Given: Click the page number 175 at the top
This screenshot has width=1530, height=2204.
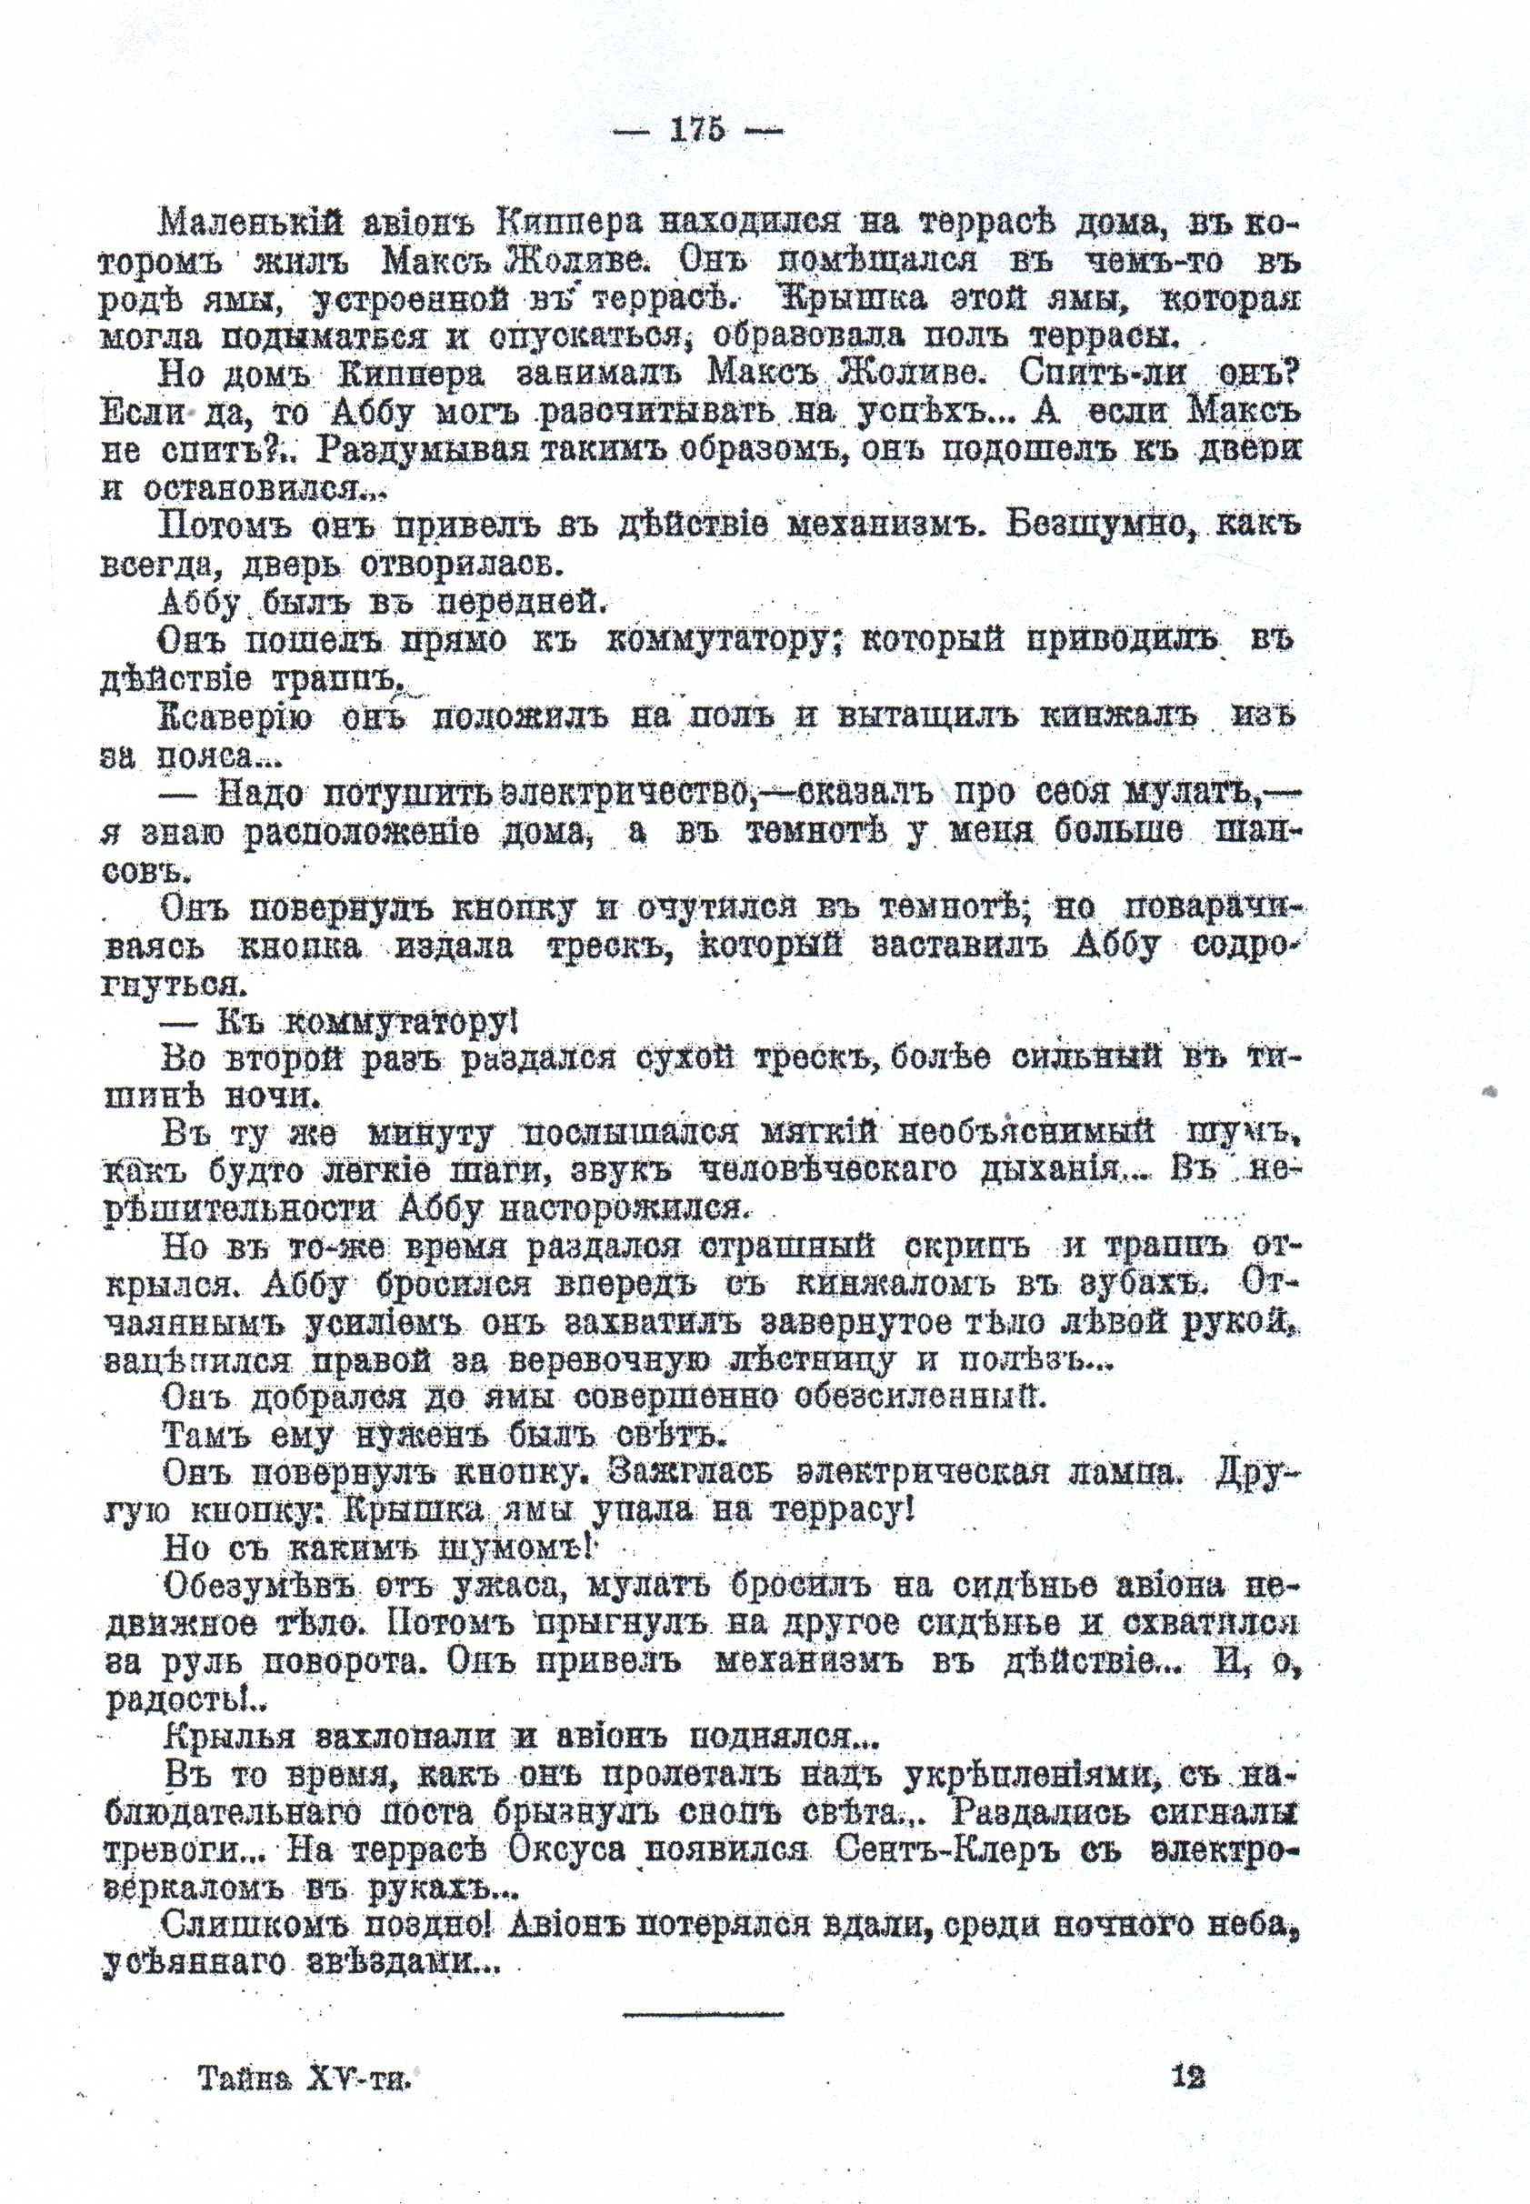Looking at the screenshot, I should click(698, 130).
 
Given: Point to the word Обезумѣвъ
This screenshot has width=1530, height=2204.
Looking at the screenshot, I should click(261, 1587).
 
